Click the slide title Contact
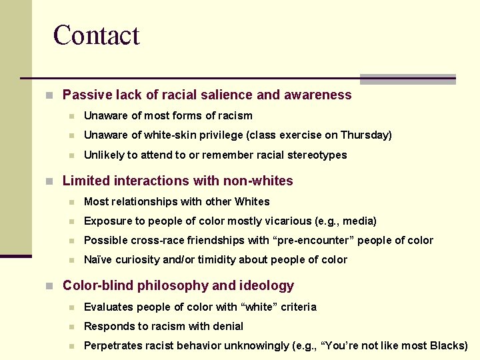(x=96, y=35)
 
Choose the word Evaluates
(x=109, y=307)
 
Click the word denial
(x=227, y=326)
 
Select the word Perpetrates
(x=113, y=345)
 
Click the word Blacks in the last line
(x=449, y=345)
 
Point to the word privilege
(x=217, y=135)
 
